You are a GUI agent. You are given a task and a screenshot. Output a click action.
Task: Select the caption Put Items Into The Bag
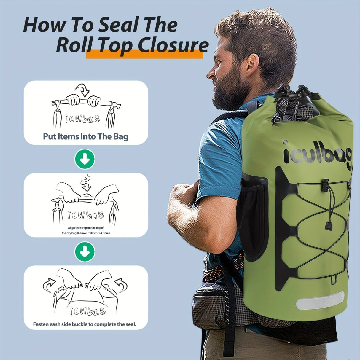point(86,136)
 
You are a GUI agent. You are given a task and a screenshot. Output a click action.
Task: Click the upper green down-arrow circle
point(85,159)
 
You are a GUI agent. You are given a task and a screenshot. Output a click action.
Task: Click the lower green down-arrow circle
point(85,252)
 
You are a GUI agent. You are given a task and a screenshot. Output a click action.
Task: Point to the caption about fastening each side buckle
point(85,324)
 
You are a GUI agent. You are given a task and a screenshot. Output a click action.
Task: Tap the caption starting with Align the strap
point(86,230)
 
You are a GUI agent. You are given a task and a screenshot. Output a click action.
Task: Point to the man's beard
point(230,89)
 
